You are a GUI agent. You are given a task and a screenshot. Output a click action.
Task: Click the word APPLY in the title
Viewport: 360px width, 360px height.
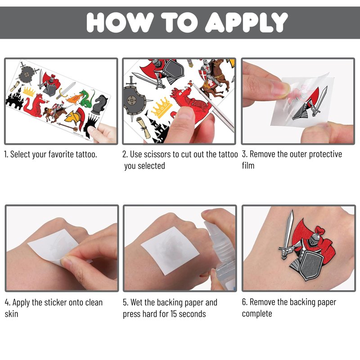(x=246, y=22)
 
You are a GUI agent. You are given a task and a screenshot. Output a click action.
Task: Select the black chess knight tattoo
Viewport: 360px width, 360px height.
(x=100, y=104)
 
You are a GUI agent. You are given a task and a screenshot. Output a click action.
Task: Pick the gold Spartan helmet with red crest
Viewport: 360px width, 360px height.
(x=75, y=117)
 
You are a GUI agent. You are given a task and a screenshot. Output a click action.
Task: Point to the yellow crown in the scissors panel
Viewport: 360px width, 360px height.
(x=162, y=107)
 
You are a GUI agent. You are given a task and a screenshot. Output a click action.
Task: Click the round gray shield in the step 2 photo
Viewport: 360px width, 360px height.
(x=134, y=100)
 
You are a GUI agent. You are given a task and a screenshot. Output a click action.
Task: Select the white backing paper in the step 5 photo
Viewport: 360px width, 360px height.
(x=170, y=250)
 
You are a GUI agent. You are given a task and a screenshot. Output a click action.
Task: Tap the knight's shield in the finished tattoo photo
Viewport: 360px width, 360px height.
(x=310, y=265)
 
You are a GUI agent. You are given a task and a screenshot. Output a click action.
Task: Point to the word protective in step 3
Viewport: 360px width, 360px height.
(x=325, y=154)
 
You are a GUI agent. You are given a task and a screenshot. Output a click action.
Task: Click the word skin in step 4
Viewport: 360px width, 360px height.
(x=12, y=314)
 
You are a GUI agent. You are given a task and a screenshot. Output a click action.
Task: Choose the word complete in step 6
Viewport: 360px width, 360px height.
(x=257, y=314)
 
